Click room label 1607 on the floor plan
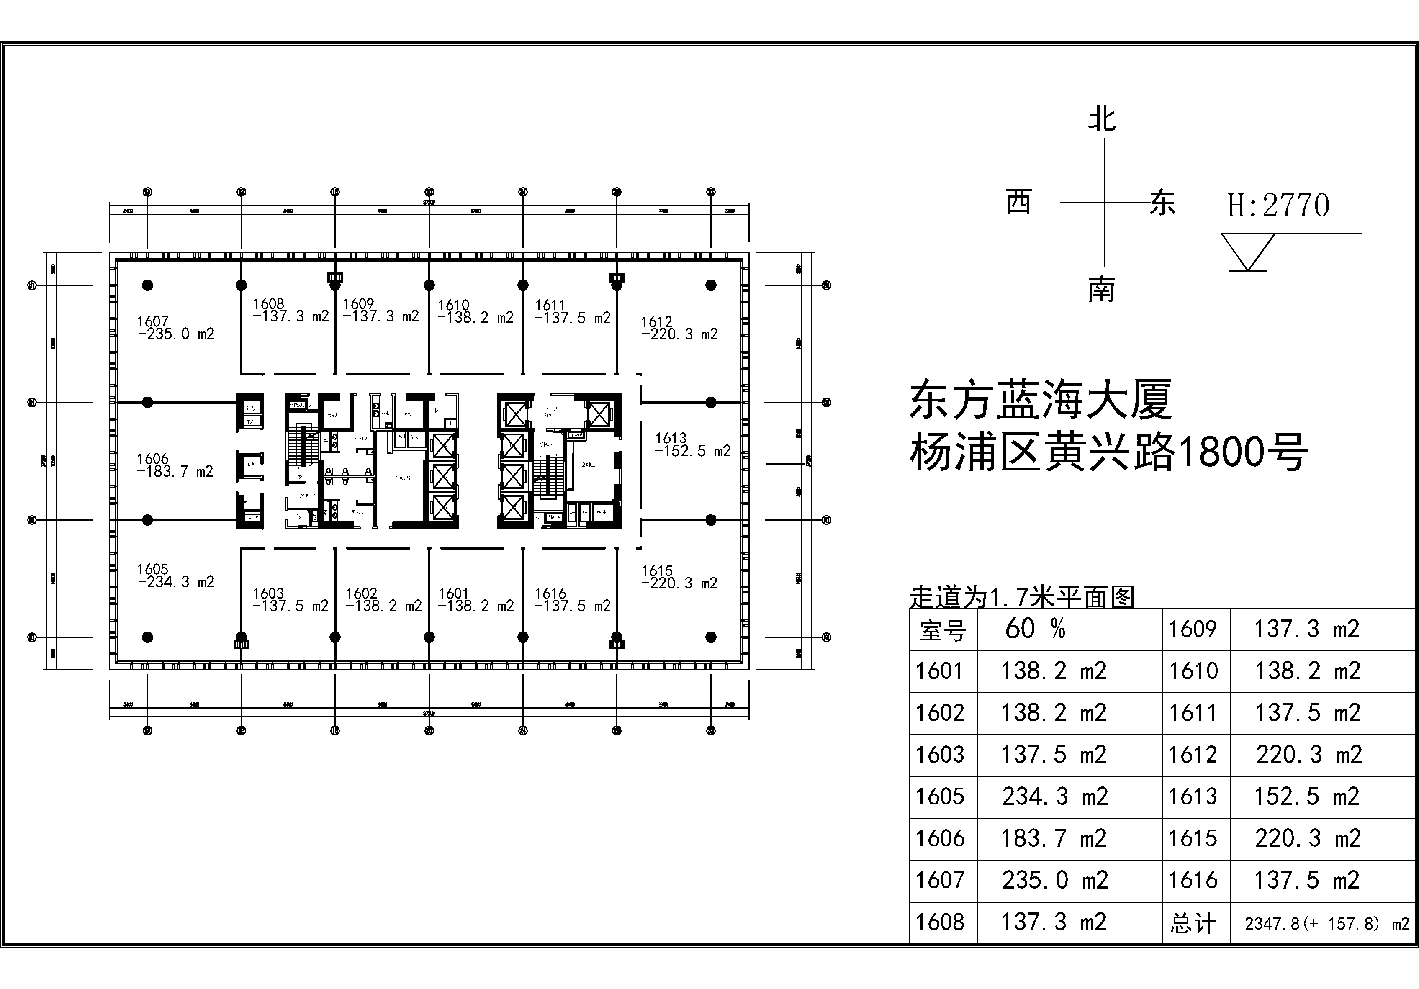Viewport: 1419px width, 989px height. click(x=153, y=321)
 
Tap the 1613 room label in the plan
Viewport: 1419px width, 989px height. click(x=671, y=438)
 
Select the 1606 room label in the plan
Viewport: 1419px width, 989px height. click(x=153, y=459)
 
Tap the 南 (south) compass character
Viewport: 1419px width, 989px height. click(x=1101, y=289)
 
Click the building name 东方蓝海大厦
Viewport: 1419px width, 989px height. click(x=1041, y=401)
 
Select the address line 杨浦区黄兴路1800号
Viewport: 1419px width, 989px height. click(x=1108, y=452)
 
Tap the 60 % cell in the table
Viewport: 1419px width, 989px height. click(x=1035, y=629)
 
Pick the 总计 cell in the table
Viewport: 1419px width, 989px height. click(x=1193, y=923)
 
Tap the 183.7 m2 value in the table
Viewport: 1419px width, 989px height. click(x=1054, y=839)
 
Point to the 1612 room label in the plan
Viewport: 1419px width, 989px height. click(x=656, y=322)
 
